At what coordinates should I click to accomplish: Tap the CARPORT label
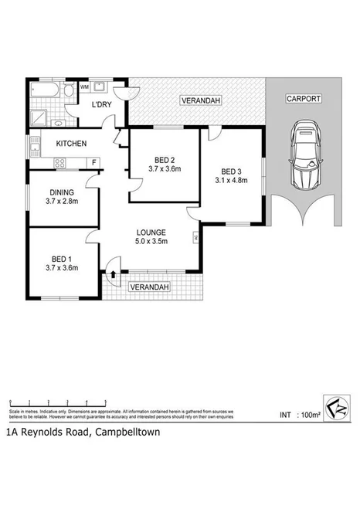pos(302,100)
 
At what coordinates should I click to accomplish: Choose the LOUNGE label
pos(152,231)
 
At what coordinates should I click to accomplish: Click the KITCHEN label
pos(70,144)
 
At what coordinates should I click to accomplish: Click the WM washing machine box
pos(83,87)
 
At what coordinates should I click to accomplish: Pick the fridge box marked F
pos(94,162)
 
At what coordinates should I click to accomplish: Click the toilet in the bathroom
pos(68,91)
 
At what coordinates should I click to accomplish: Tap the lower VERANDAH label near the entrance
pos(148,287)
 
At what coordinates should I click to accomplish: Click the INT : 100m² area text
pos(300,415)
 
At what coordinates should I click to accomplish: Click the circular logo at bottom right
pos(337,407)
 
